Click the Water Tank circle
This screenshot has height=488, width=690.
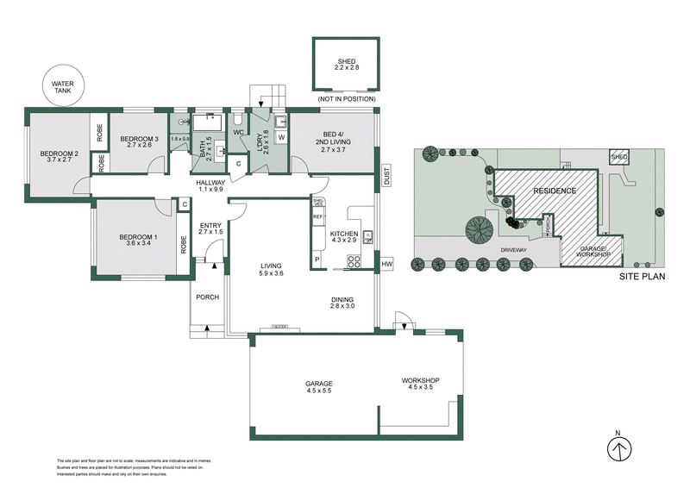tap(61, 87)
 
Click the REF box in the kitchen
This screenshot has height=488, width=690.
tap(317, 216)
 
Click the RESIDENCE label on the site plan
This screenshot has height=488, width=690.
tap(554, 190)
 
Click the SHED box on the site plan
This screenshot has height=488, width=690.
tap(618, 158)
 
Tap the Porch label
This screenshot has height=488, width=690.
tap(207, 297)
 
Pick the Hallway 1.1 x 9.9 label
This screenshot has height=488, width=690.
tap(210, 186)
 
